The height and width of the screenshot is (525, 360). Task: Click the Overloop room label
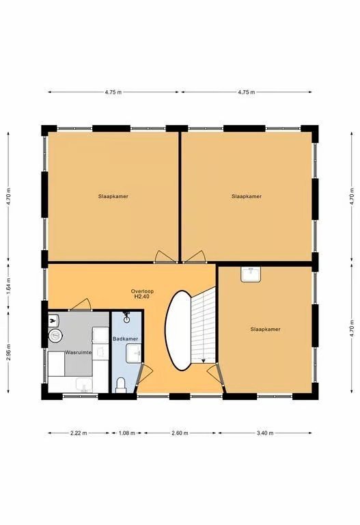(142, 291)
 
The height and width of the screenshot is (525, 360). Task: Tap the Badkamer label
(125, 339)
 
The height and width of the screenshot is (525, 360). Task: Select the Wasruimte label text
(79, 352)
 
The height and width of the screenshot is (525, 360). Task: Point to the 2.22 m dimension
(79, 433)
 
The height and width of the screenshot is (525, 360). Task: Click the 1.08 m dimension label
(127, 433)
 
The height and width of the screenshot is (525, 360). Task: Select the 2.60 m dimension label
(180, 433)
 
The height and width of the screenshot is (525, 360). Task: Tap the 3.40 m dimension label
(265, 433)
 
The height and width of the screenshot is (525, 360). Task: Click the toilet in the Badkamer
(120, 385)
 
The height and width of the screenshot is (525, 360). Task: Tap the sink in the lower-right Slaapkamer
(251, 275)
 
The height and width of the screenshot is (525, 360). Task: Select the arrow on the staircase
(203, 360)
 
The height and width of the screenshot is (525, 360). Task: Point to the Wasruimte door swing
(81, 304)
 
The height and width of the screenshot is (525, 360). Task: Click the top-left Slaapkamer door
(165, 256)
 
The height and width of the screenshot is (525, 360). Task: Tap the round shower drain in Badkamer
(126, 320)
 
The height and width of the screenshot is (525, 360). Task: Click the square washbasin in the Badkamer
(134, 353)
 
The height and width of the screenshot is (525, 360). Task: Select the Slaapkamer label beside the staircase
(265, 329)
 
